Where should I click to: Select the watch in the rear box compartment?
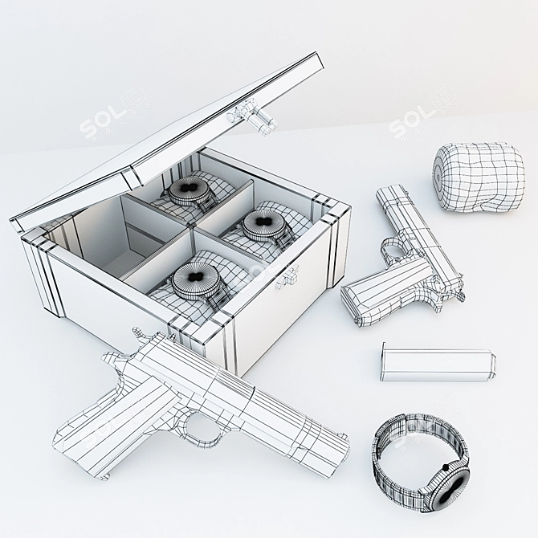point(190,191)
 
